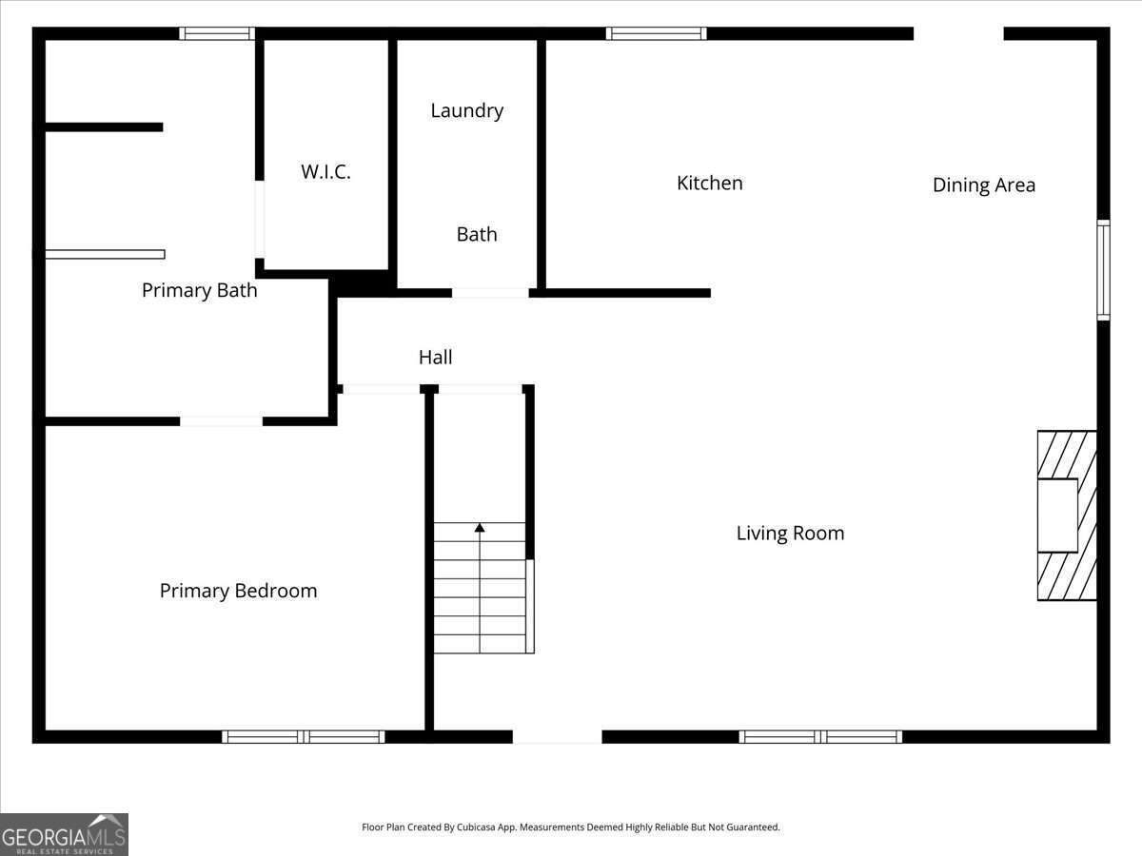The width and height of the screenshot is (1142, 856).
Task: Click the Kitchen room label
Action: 709,183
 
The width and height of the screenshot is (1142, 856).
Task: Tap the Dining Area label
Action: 983,185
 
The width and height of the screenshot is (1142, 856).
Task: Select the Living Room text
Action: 790,533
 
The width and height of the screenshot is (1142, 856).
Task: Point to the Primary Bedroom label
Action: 238,591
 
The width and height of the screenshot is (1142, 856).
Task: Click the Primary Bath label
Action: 199,290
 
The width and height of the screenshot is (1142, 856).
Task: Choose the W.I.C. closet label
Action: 325,172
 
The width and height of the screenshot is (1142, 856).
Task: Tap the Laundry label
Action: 466,110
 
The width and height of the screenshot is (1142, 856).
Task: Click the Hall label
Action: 435,358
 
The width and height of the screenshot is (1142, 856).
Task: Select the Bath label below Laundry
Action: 476,234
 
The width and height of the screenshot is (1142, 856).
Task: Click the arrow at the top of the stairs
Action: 480,527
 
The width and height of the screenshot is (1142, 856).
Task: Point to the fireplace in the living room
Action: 1066,516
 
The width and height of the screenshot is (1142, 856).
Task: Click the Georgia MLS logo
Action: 64,834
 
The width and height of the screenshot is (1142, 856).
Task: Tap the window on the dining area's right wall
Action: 1103,270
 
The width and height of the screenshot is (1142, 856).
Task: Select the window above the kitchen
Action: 657,33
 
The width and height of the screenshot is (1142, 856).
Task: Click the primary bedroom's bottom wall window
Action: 304,736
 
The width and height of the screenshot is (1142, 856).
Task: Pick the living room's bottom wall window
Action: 820,736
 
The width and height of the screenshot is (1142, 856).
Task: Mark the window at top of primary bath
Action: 217,33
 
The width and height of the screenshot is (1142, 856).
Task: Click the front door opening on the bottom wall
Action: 557,736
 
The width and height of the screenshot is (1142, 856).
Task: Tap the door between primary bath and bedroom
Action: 221,420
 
